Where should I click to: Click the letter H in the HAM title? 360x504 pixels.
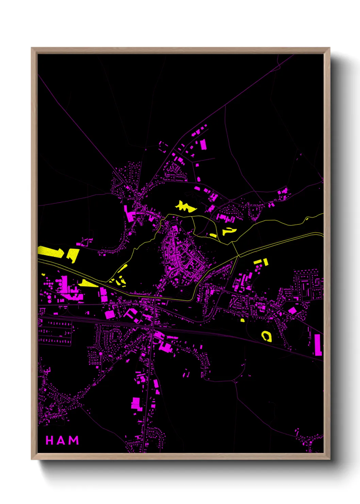point(50,440)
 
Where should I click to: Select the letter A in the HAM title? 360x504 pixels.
point(62,440)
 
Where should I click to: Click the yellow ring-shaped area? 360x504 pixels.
point(266,336)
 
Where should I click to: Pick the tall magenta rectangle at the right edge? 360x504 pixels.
point(317,345)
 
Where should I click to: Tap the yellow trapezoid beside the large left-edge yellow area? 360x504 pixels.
point(73,255)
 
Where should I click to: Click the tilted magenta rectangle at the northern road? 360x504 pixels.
point(203,144)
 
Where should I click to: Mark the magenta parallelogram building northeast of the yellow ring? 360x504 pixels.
point(292,311)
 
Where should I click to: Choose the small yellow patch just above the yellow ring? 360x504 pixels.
point(242,320)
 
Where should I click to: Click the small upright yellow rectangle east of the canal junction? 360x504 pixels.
point(265,262)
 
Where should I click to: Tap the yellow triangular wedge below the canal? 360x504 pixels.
point(87,283)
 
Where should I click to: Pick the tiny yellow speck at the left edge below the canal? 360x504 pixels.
point(43,274)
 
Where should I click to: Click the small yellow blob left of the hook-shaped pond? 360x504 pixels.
point(213,235)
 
